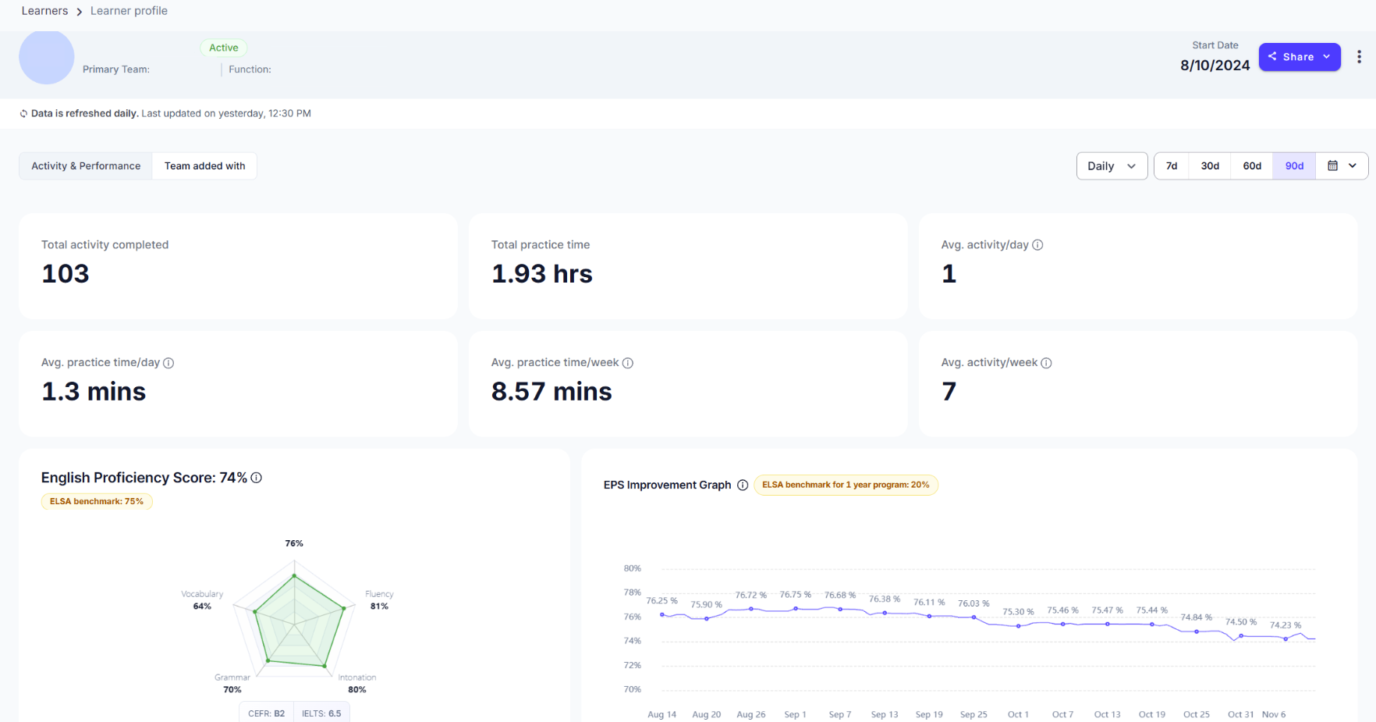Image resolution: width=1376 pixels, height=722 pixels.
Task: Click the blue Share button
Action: [x=1300, y=57]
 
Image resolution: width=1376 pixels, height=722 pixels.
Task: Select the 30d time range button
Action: [x=1210, y=166]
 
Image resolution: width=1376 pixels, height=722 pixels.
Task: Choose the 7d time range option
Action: [x=1172, y=166]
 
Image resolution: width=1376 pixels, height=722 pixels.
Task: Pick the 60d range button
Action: [x=1252, y=166]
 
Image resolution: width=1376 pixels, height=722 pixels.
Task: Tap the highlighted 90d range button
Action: [x=1294, y=166]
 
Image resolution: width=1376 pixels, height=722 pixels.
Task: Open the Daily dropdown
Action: [x=1112, y=166]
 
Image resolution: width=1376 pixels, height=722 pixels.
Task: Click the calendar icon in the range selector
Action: [x=1332, y=165]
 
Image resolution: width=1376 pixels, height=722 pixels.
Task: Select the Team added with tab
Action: [x=204, y=166]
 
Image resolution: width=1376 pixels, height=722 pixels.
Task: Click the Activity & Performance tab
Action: [x=86, y=166]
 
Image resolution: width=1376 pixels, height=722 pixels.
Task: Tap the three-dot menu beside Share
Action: [x=1359, y=57]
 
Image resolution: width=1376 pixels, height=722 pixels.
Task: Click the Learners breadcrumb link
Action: [x=44, y=11]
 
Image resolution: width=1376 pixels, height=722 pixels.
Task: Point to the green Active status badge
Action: [x=224, y=48]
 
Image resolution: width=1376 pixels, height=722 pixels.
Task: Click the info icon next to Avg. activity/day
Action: [x=1037, y=245]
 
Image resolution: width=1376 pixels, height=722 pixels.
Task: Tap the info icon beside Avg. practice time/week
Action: [x=628, y=363]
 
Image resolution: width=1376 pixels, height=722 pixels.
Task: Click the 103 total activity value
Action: [x=66, y=274]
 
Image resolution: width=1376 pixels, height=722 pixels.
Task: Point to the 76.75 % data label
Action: [x=796, y=595]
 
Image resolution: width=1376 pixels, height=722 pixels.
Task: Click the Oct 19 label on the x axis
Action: [x=1151, y=714]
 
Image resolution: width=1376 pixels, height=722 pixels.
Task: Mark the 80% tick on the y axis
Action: [x=632, y=568]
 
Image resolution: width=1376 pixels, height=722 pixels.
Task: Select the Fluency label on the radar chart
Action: [x=379, y=594]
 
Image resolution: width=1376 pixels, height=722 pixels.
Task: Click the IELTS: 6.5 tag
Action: [x=321, y=713]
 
